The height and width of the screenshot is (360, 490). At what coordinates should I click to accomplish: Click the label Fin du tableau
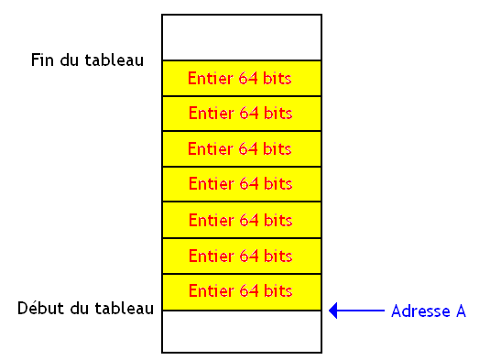point(87,60)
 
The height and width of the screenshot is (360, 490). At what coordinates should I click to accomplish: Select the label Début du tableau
point(85,309)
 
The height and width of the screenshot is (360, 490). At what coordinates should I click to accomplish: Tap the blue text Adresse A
point(429,311)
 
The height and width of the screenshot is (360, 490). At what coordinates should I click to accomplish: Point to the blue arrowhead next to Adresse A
point(334,311)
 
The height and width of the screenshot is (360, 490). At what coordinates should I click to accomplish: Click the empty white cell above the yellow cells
point(242,38)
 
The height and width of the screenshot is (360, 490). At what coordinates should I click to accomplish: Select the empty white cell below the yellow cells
point(242,331)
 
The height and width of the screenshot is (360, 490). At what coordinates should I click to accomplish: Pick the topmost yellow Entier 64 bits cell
point(242,79)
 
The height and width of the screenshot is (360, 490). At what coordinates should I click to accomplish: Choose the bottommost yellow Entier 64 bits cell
point(242,292)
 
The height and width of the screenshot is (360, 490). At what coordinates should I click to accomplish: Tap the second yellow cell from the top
point(242,114)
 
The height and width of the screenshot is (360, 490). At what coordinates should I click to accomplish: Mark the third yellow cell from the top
point(242,149)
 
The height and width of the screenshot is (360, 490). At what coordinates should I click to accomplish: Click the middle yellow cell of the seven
point(242,184)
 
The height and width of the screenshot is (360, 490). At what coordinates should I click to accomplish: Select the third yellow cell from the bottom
point(242,221)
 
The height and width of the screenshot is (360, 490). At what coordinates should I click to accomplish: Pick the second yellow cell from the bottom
point(242,256)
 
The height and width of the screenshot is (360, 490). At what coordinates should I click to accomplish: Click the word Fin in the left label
point(42,60)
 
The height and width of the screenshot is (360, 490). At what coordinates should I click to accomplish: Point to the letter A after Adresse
point(460,311)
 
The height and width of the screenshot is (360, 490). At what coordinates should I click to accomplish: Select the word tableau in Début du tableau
point(124,309)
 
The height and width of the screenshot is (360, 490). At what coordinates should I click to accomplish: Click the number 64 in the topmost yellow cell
point(248,79)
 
